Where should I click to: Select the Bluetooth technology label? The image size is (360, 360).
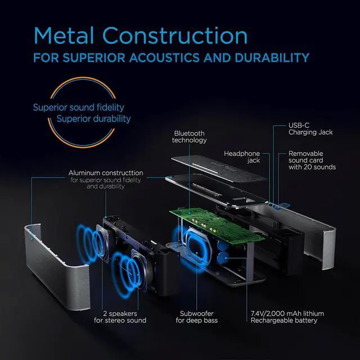coord(189,137)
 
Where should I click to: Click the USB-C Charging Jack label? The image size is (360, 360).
coord(311,128)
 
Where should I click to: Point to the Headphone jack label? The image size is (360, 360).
coord(242,157)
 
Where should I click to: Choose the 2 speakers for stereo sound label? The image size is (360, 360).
coord(121,317)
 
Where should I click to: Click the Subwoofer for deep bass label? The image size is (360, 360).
coord(196,317)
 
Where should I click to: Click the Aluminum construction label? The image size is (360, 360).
coord(106,173)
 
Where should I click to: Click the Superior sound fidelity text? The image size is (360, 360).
coord(79,107)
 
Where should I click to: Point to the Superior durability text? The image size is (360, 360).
coord(93,119)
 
